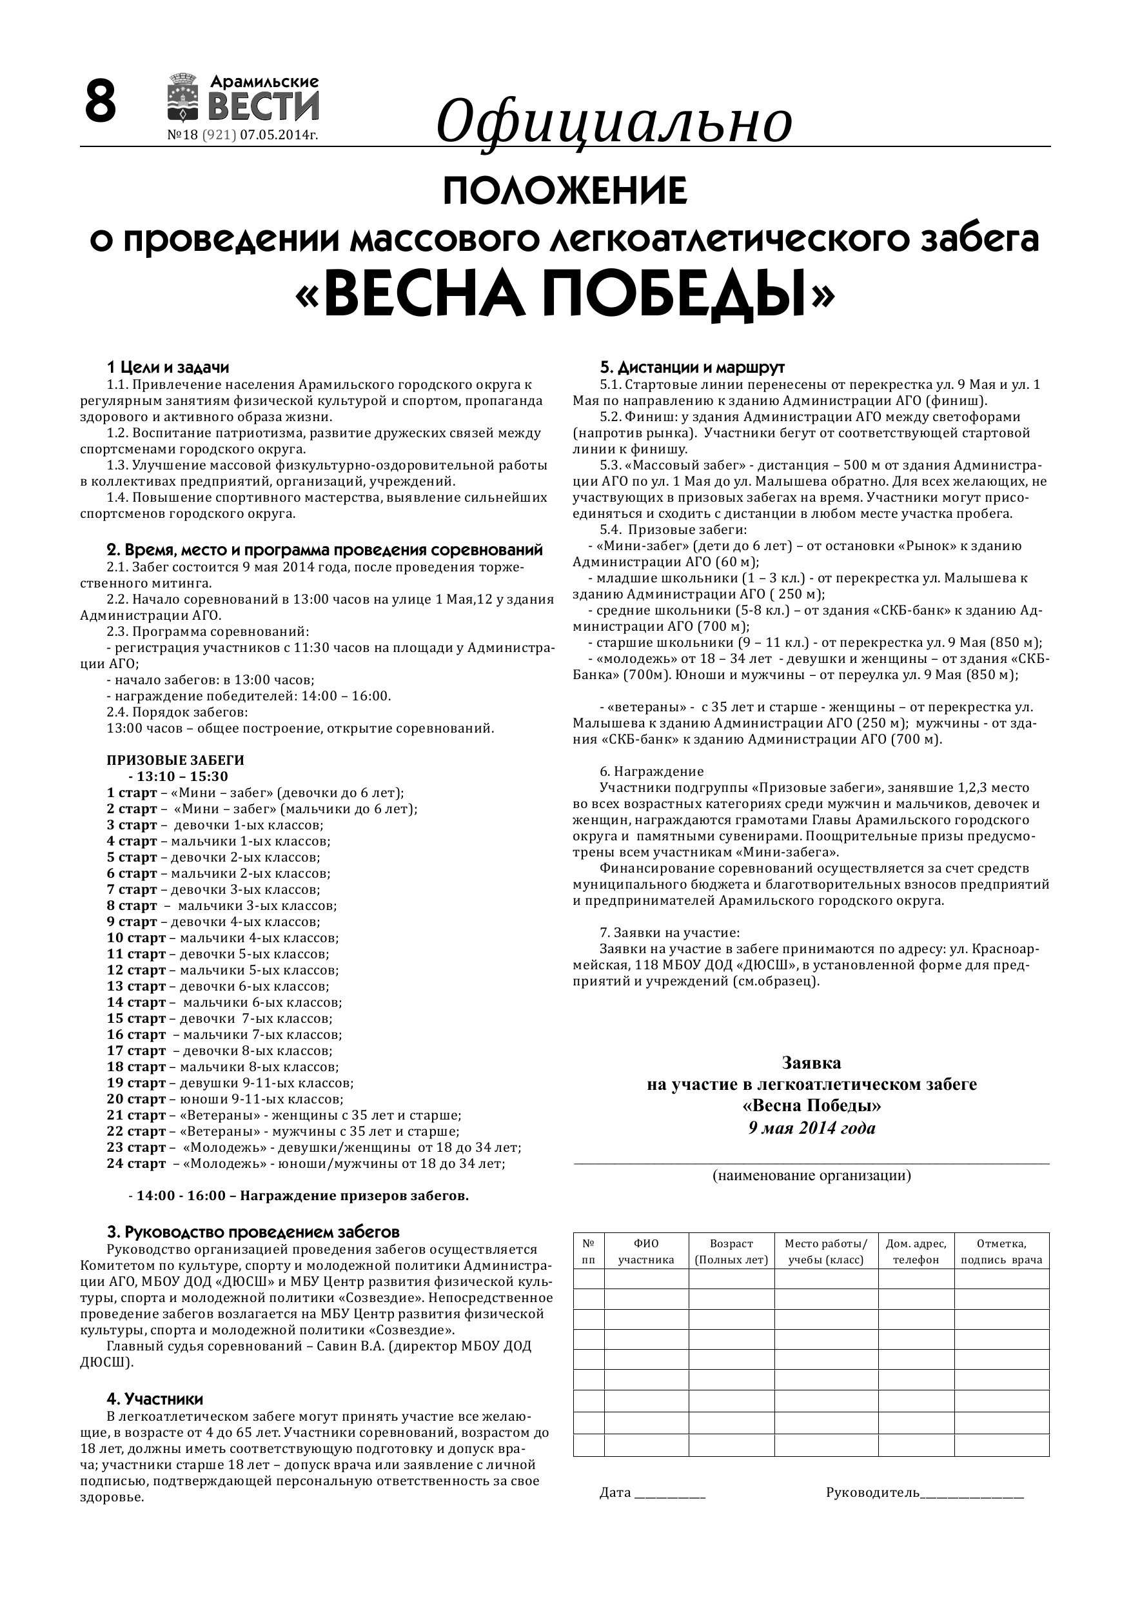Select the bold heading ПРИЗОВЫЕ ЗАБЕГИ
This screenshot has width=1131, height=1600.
click(175, 760)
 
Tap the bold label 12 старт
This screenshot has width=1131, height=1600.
click(136, 970)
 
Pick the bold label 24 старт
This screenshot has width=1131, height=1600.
click(136, 1163)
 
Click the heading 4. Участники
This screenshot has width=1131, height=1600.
click(155, 1399)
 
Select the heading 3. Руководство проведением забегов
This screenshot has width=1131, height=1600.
click(253, 1232)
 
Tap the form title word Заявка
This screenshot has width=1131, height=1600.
click(811, 1063)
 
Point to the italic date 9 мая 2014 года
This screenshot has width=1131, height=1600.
click(812, 1128)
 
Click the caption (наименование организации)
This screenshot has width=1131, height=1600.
click(811, 1176)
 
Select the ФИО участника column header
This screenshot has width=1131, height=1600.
click(646, 1252)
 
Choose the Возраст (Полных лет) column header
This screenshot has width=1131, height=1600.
click(731, 1252)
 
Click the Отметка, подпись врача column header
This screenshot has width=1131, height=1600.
click(1001, 1252)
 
